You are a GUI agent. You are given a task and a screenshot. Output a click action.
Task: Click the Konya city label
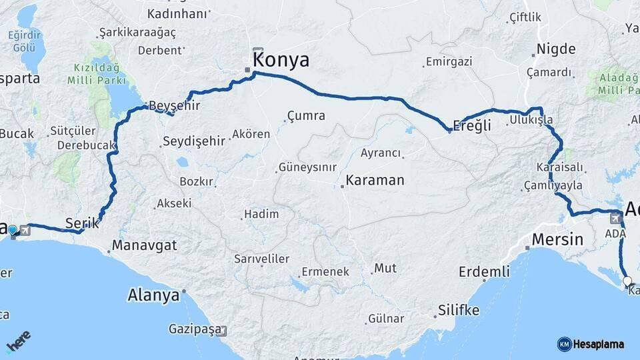281,60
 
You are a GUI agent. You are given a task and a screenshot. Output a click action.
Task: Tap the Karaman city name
375,180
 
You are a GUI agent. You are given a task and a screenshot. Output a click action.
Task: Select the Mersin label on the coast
557,239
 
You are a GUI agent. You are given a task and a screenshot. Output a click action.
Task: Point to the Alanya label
153,295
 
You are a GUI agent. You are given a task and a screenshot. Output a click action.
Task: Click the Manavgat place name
144,245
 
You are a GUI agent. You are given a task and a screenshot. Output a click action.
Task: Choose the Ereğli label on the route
472,125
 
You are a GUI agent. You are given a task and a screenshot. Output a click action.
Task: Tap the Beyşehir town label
174,105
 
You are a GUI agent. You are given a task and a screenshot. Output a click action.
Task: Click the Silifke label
459,310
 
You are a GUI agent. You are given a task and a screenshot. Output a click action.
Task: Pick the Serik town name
82,223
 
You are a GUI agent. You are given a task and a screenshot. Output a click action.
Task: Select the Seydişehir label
193,141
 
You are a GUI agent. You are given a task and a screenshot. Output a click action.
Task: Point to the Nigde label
556,49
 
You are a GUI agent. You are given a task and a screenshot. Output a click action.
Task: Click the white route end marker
627,281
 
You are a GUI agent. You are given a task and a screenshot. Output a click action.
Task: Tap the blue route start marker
12,231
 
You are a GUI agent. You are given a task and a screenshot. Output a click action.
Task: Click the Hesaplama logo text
597,344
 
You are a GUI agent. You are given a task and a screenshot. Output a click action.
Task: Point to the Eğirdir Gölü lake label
23,41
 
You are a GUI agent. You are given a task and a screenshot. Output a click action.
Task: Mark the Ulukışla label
531,120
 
